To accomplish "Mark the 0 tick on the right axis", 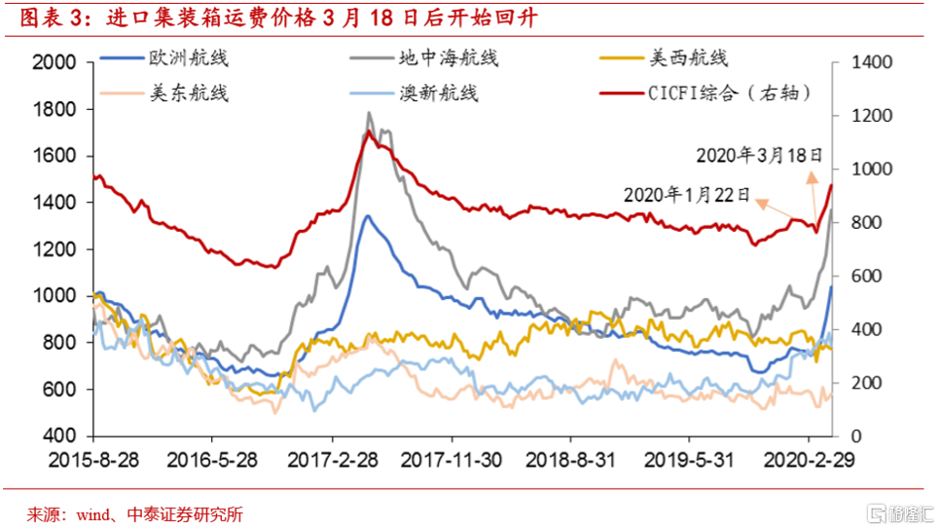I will pos(854,435).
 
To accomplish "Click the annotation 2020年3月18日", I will pos(759,155).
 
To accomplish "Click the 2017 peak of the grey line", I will pos(369,113).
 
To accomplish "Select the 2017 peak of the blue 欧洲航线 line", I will pos(367,216).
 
